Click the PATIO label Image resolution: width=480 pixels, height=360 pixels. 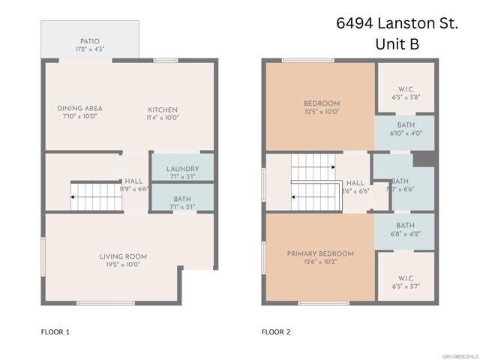click(89, 41)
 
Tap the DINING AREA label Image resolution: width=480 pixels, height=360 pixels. click(79, 108)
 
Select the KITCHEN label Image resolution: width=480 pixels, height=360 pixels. click(162, 110)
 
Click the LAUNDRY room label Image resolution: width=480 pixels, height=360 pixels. click(181, 169)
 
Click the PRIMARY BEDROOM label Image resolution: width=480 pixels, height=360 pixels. click(320, 253)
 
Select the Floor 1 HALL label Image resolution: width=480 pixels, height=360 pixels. click(133, 181)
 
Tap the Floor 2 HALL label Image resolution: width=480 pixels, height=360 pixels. click(355, 183)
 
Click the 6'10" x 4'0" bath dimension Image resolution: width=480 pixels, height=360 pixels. click(405, 133)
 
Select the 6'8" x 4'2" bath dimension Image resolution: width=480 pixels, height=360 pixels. click(405, 234)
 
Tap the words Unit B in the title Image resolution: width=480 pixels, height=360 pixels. click(397, 45)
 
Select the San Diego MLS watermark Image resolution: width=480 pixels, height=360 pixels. click(458, 355)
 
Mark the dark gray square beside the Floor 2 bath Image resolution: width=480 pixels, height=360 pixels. click(424, 159)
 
